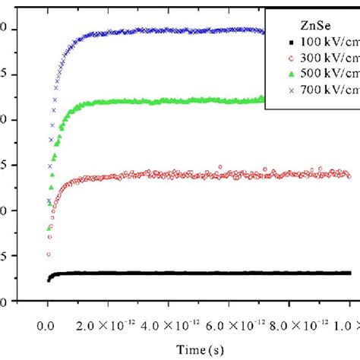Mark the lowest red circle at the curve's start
pos(49,254)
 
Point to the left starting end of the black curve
pos(49,279)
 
